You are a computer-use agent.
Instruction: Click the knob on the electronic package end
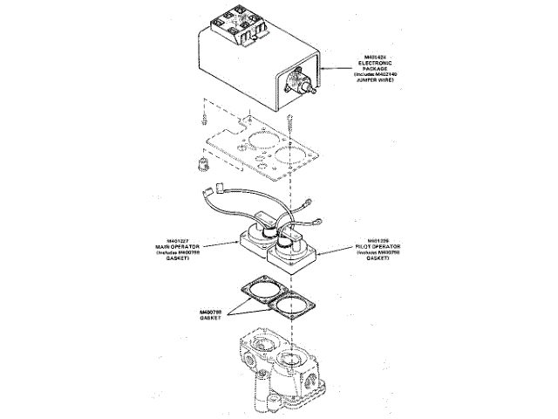(306, 88)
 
